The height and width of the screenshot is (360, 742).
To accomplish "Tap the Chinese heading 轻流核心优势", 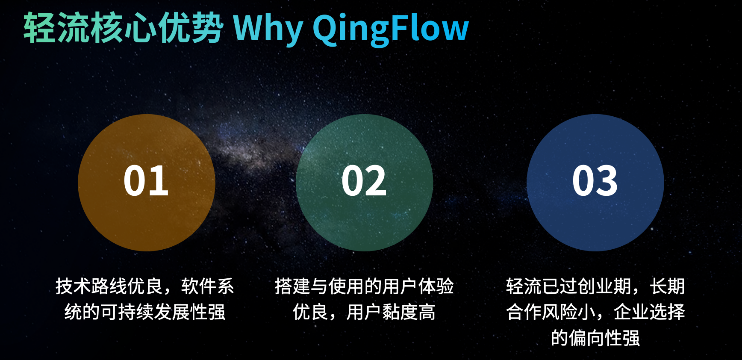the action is point(123,28).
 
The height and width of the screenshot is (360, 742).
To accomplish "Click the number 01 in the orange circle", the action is point(146,181).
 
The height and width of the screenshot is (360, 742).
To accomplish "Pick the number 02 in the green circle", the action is point(364,181).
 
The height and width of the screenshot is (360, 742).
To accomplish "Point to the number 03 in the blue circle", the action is point(595,181).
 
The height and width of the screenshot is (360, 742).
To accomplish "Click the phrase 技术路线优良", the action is point(109,286).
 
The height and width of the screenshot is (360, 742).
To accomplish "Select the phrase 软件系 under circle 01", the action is point(207,286).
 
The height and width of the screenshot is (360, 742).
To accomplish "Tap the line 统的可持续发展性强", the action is point(145,312).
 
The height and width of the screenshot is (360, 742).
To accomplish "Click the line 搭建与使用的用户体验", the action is point(364,286).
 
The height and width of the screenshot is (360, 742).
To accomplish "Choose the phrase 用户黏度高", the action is point(391,312).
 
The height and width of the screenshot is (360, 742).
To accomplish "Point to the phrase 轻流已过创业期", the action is point(568,286).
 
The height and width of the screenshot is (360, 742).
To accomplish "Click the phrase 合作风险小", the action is point(551,312).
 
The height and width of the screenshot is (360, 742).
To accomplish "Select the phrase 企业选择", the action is point(649,312).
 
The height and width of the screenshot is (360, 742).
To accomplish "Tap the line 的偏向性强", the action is point(595,338).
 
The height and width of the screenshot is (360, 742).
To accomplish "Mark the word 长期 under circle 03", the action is point(667,286).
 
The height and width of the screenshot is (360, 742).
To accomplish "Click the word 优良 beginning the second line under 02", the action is point(310,312).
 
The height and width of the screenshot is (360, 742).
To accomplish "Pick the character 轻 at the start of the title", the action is point(39,28).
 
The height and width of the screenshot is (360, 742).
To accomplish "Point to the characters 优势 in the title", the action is point(191,28).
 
